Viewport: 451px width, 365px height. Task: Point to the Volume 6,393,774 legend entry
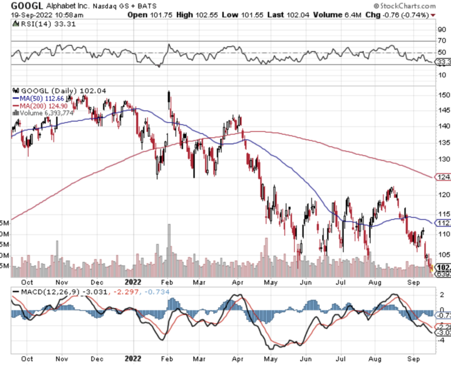tap(45, 113)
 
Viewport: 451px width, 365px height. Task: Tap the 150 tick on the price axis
tap(442, 95)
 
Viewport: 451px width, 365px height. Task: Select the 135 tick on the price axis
tap(442, 143)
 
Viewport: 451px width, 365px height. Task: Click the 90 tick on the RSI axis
tap(441, 30)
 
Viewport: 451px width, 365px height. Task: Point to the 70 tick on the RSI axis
tap(441, 41)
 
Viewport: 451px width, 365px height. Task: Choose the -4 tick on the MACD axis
tap(441, 340)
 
